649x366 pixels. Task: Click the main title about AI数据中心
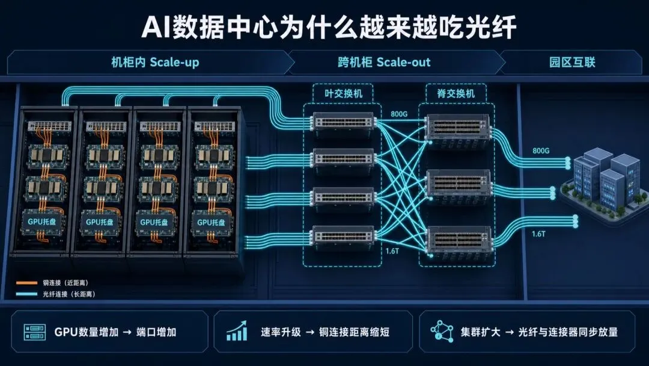click(329, 27)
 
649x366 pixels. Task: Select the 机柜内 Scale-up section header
click(155, 62)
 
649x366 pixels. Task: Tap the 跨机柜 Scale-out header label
click(384, 62)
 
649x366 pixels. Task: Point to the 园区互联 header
click(572, 62)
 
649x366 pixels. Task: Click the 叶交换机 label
click(343, 93)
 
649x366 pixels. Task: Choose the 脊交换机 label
click(456, 93)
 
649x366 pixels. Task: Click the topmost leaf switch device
click(344, 122)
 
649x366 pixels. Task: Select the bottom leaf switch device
click(344, 235)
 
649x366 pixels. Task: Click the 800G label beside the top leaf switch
click(398, 114)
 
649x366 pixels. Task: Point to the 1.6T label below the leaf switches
click(392, 251)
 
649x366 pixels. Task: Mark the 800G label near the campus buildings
click(541, 151)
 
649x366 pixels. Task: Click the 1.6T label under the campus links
click(538, 234)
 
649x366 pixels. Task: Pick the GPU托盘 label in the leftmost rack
click(42, 222)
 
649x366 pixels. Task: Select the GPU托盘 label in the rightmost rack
click(211, 223)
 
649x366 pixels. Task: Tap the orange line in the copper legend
click(27, 283)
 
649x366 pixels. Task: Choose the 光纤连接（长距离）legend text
click(69, 294)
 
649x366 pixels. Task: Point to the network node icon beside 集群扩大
click(442, 331)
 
